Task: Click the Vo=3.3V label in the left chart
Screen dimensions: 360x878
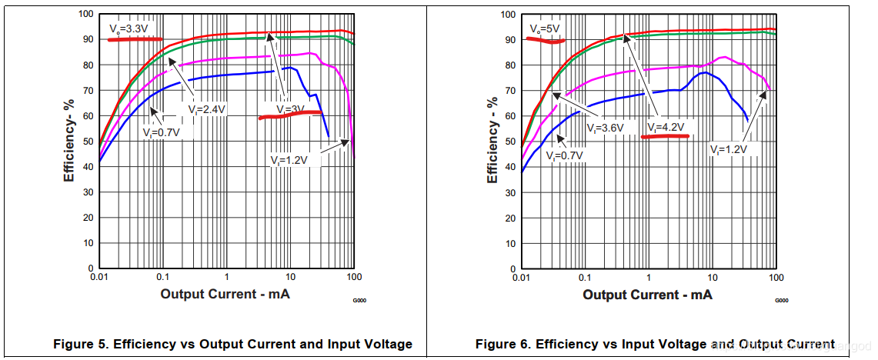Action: point(127,28)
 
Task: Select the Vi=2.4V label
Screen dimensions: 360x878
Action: point(206,109)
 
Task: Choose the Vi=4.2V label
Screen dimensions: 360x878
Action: point(665,127)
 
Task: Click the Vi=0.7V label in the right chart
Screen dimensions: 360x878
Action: point(565,155)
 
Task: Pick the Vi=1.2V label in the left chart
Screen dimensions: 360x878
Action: point(289,160)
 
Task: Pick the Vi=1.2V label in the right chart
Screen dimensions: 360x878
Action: point(729,150)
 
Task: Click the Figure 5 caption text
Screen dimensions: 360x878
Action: point(232,344)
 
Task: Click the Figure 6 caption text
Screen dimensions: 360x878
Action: point(655,344)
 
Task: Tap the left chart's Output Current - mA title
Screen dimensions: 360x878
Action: point(225,295)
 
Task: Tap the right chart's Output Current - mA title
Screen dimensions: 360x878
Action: point(647,295)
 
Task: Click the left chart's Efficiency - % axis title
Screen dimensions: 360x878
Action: point(69,140)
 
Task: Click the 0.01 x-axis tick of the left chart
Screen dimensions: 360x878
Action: point(98,276)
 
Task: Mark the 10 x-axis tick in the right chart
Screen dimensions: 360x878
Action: point(713,276)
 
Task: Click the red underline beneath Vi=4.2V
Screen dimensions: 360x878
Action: point(665,136)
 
